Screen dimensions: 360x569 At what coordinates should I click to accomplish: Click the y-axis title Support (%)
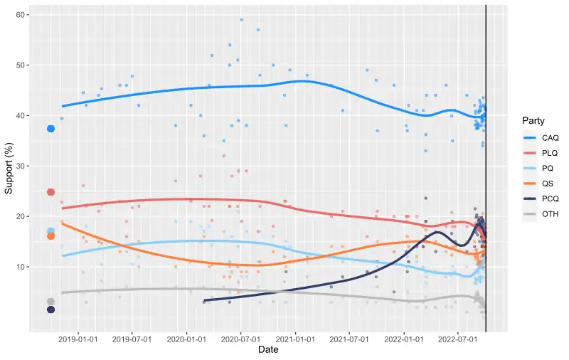pyautogui.click(x=9, y=166)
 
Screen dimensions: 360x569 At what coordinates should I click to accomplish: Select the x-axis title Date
pyautogui.click(x=268, y=350)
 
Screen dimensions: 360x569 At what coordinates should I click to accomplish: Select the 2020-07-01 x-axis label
pyautogui.click(x=240, y=339)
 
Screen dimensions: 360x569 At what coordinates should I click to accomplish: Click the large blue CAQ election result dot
pyautogui.click(x=50, y=129)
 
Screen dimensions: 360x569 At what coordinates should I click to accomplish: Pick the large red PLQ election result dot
pyautogui.click(x=50, y=192)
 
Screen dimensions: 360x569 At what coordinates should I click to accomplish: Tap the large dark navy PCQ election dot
pyautogui.click(x=50, y=309)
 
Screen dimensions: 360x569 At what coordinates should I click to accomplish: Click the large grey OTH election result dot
pyautogui.click(x=50, y=302)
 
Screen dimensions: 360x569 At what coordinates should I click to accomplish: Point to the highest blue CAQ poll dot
pyautogui.click(x=242, y=20)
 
